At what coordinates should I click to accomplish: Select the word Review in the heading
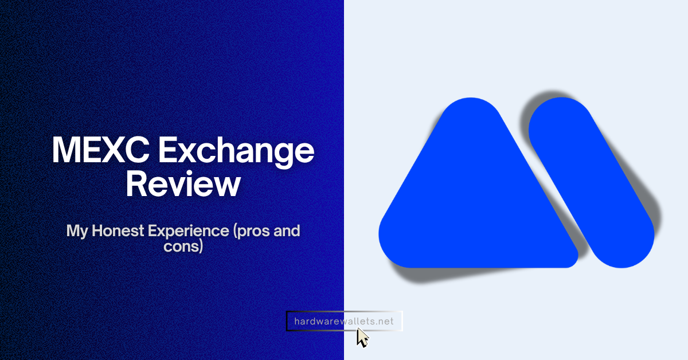click(183, 185)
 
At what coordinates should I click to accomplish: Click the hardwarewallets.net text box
click(344, 321)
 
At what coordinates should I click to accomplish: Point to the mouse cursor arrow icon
click(362, 337)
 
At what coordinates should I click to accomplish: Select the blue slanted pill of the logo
click(591, 183)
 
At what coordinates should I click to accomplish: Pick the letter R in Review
click(138, 183)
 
